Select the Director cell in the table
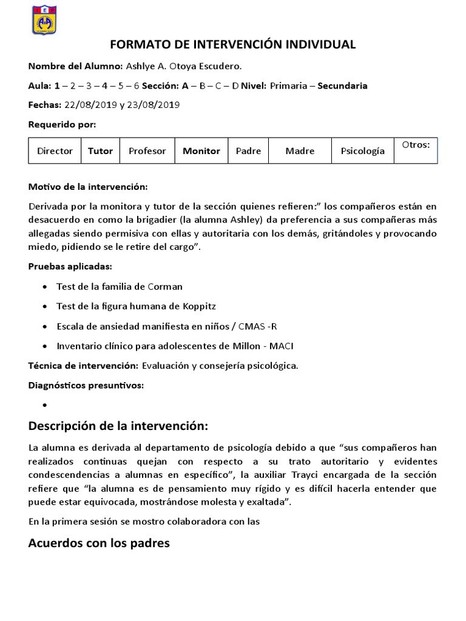pos(55,151)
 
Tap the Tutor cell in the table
pos(101,151)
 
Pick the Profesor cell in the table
pos(147,151)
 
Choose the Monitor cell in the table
pos(201,151)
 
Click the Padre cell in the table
pos(248,151)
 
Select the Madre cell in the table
pos(300,151)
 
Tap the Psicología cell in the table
pos(362,151)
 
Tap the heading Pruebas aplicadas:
pos(70,267)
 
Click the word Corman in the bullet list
pos(165,286)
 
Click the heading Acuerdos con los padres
pos(99,543)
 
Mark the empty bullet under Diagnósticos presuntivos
pos(46,405)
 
